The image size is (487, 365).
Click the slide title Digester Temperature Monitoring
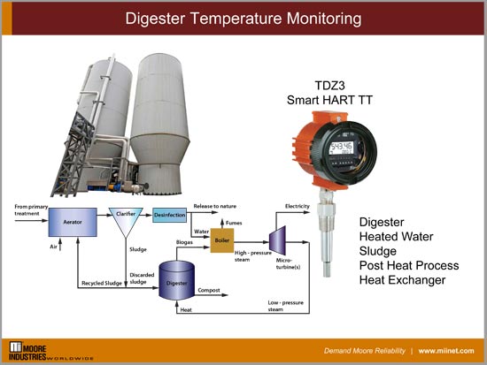point(243,17)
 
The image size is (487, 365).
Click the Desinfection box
point(170,214)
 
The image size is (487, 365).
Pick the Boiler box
point(222,240)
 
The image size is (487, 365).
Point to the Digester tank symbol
point(177,280)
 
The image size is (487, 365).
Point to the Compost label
point(209,289)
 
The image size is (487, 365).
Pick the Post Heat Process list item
point(408,265)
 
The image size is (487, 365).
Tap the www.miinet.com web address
point(449,350)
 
